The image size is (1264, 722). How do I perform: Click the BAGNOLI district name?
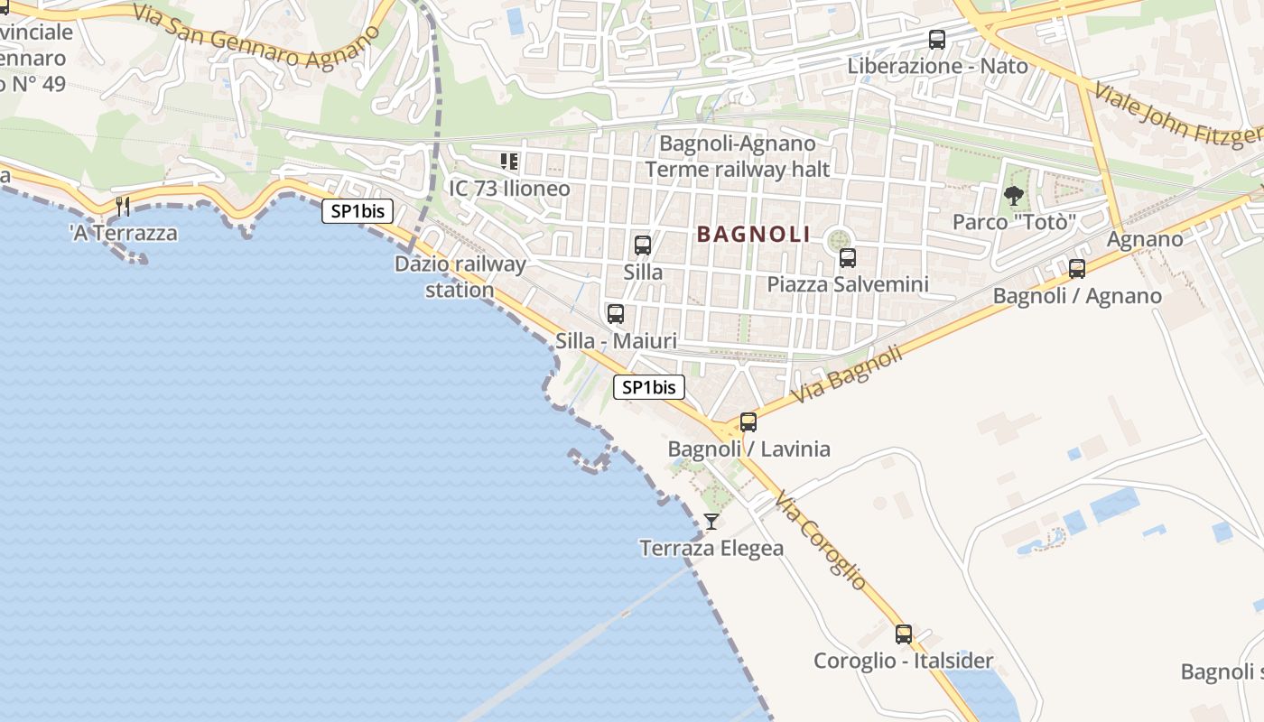click(x=754, y=235)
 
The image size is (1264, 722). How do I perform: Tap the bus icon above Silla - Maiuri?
click(x=616, y=314)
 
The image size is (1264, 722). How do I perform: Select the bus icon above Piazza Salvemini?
click(x=848, y=258)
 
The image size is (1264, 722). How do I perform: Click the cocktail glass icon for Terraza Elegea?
click(x=711, y=521)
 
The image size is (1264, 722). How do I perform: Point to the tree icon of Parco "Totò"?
click(x=1014, y=195)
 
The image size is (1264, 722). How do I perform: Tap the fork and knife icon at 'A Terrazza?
click(x=123, y=207)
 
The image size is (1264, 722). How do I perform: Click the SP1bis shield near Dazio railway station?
click(x=358, y=211)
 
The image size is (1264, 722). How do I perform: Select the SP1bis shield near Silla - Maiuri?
click(x=649, y=387)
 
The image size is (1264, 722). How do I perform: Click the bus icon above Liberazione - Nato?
click(x=937, y=40)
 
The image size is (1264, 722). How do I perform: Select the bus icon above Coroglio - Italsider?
click(x=904, y=634)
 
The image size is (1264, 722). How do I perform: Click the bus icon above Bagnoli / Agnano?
click(x=1077, y=269)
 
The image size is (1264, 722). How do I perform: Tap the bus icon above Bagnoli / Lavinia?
click(x=748, y=422)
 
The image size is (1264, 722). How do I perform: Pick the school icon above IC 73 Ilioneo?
click(x=509, y=162)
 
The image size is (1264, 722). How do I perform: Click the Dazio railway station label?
click(x=460, y=277)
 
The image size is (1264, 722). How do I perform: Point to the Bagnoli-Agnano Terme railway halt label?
click(x=738, y=156)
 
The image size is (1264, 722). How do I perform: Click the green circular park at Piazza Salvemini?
click(x=840, y=238)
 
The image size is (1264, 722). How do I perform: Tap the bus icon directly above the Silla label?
click(x=643, y=245)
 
